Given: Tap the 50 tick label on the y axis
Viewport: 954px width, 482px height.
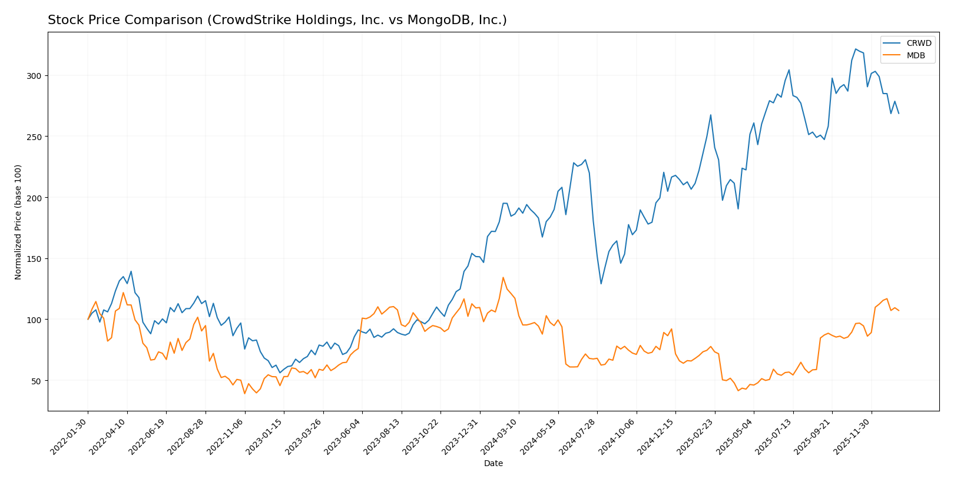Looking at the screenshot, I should coord(37,381).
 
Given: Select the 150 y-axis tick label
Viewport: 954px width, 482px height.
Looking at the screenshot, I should coord(34,259).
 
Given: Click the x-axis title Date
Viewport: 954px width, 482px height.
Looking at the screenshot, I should coord(493,464).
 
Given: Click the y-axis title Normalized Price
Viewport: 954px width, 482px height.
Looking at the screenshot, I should coord(18,222).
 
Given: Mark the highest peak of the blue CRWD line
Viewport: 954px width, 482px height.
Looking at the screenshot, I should coord(856,49).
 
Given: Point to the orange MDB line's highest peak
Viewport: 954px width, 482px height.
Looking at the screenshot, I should coord(503,277).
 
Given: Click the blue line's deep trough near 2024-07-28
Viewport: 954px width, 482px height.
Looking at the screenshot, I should coord(601,284).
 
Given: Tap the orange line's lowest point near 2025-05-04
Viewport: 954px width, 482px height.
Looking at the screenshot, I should coord(738,391).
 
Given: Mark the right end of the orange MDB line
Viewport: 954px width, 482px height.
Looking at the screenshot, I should coord(899,311).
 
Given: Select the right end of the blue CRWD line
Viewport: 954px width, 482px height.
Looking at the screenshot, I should coord(899,114).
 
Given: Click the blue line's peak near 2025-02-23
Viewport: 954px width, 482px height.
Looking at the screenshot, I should coord(711,115).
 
